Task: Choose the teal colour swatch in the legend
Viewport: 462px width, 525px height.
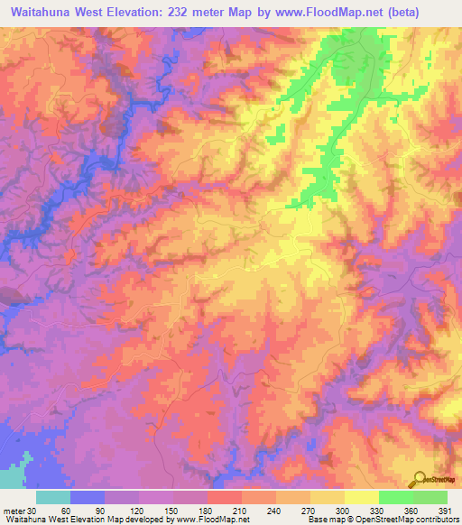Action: pos(52,497)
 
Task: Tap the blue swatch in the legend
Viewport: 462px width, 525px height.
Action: pos(87,497)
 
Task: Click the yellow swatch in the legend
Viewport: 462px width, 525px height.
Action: pos(361,497)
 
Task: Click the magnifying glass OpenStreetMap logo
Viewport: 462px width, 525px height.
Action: pos(419,478)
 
